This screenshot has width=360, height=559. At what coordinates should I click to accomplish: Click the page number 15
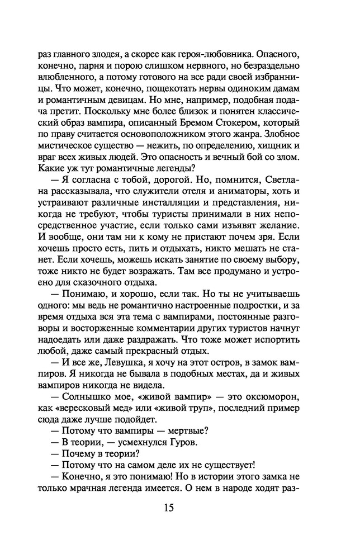[169, 508]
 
